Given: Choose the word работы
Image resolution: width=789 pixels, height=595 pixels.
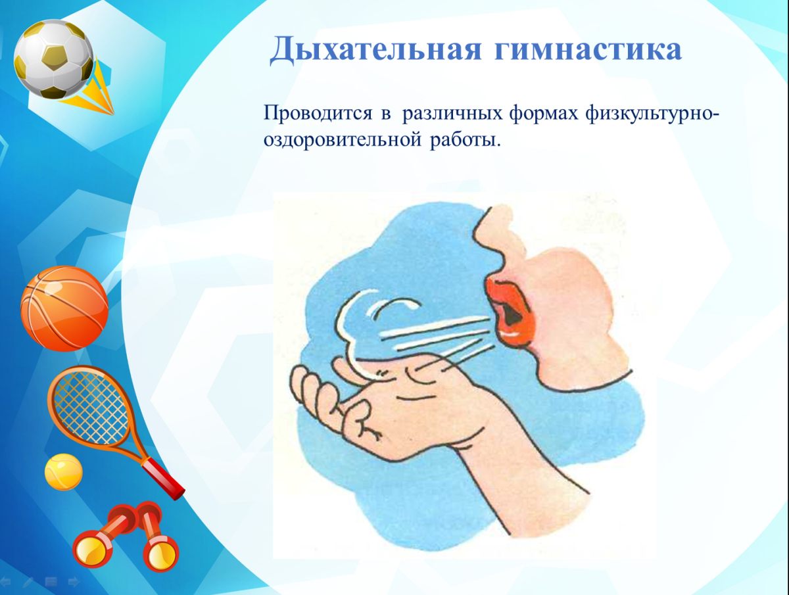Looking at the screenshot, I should pyautogui.click(x=466, y=140).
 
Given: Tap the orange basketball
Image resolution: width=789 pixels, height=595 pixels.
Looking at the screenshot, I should pyautogui.click(x=64, y=308).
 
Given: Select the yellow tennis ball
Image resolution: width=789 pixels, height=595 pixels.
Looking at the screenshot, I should pyautogui.click(x=63, y=471).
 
